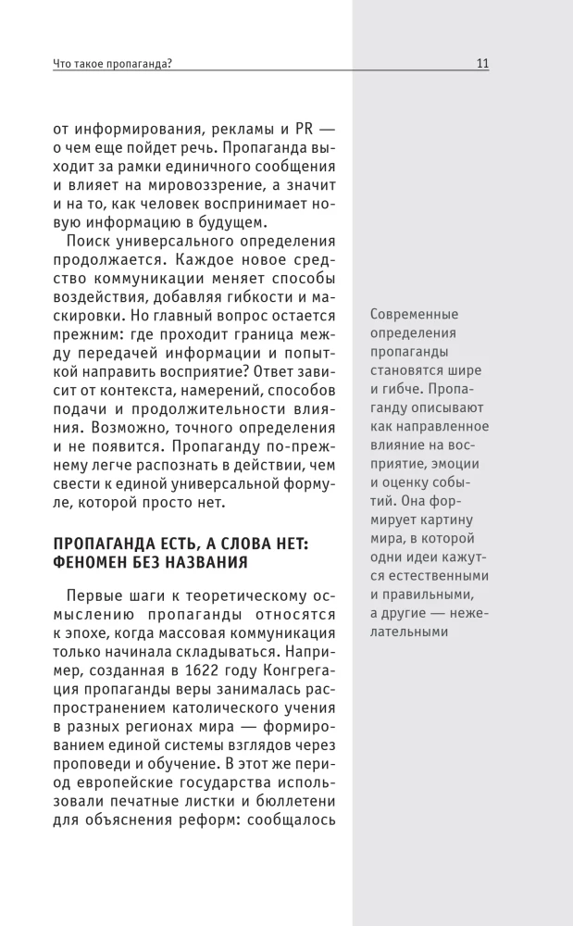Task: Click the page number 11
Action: click(x=482, y=64)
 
